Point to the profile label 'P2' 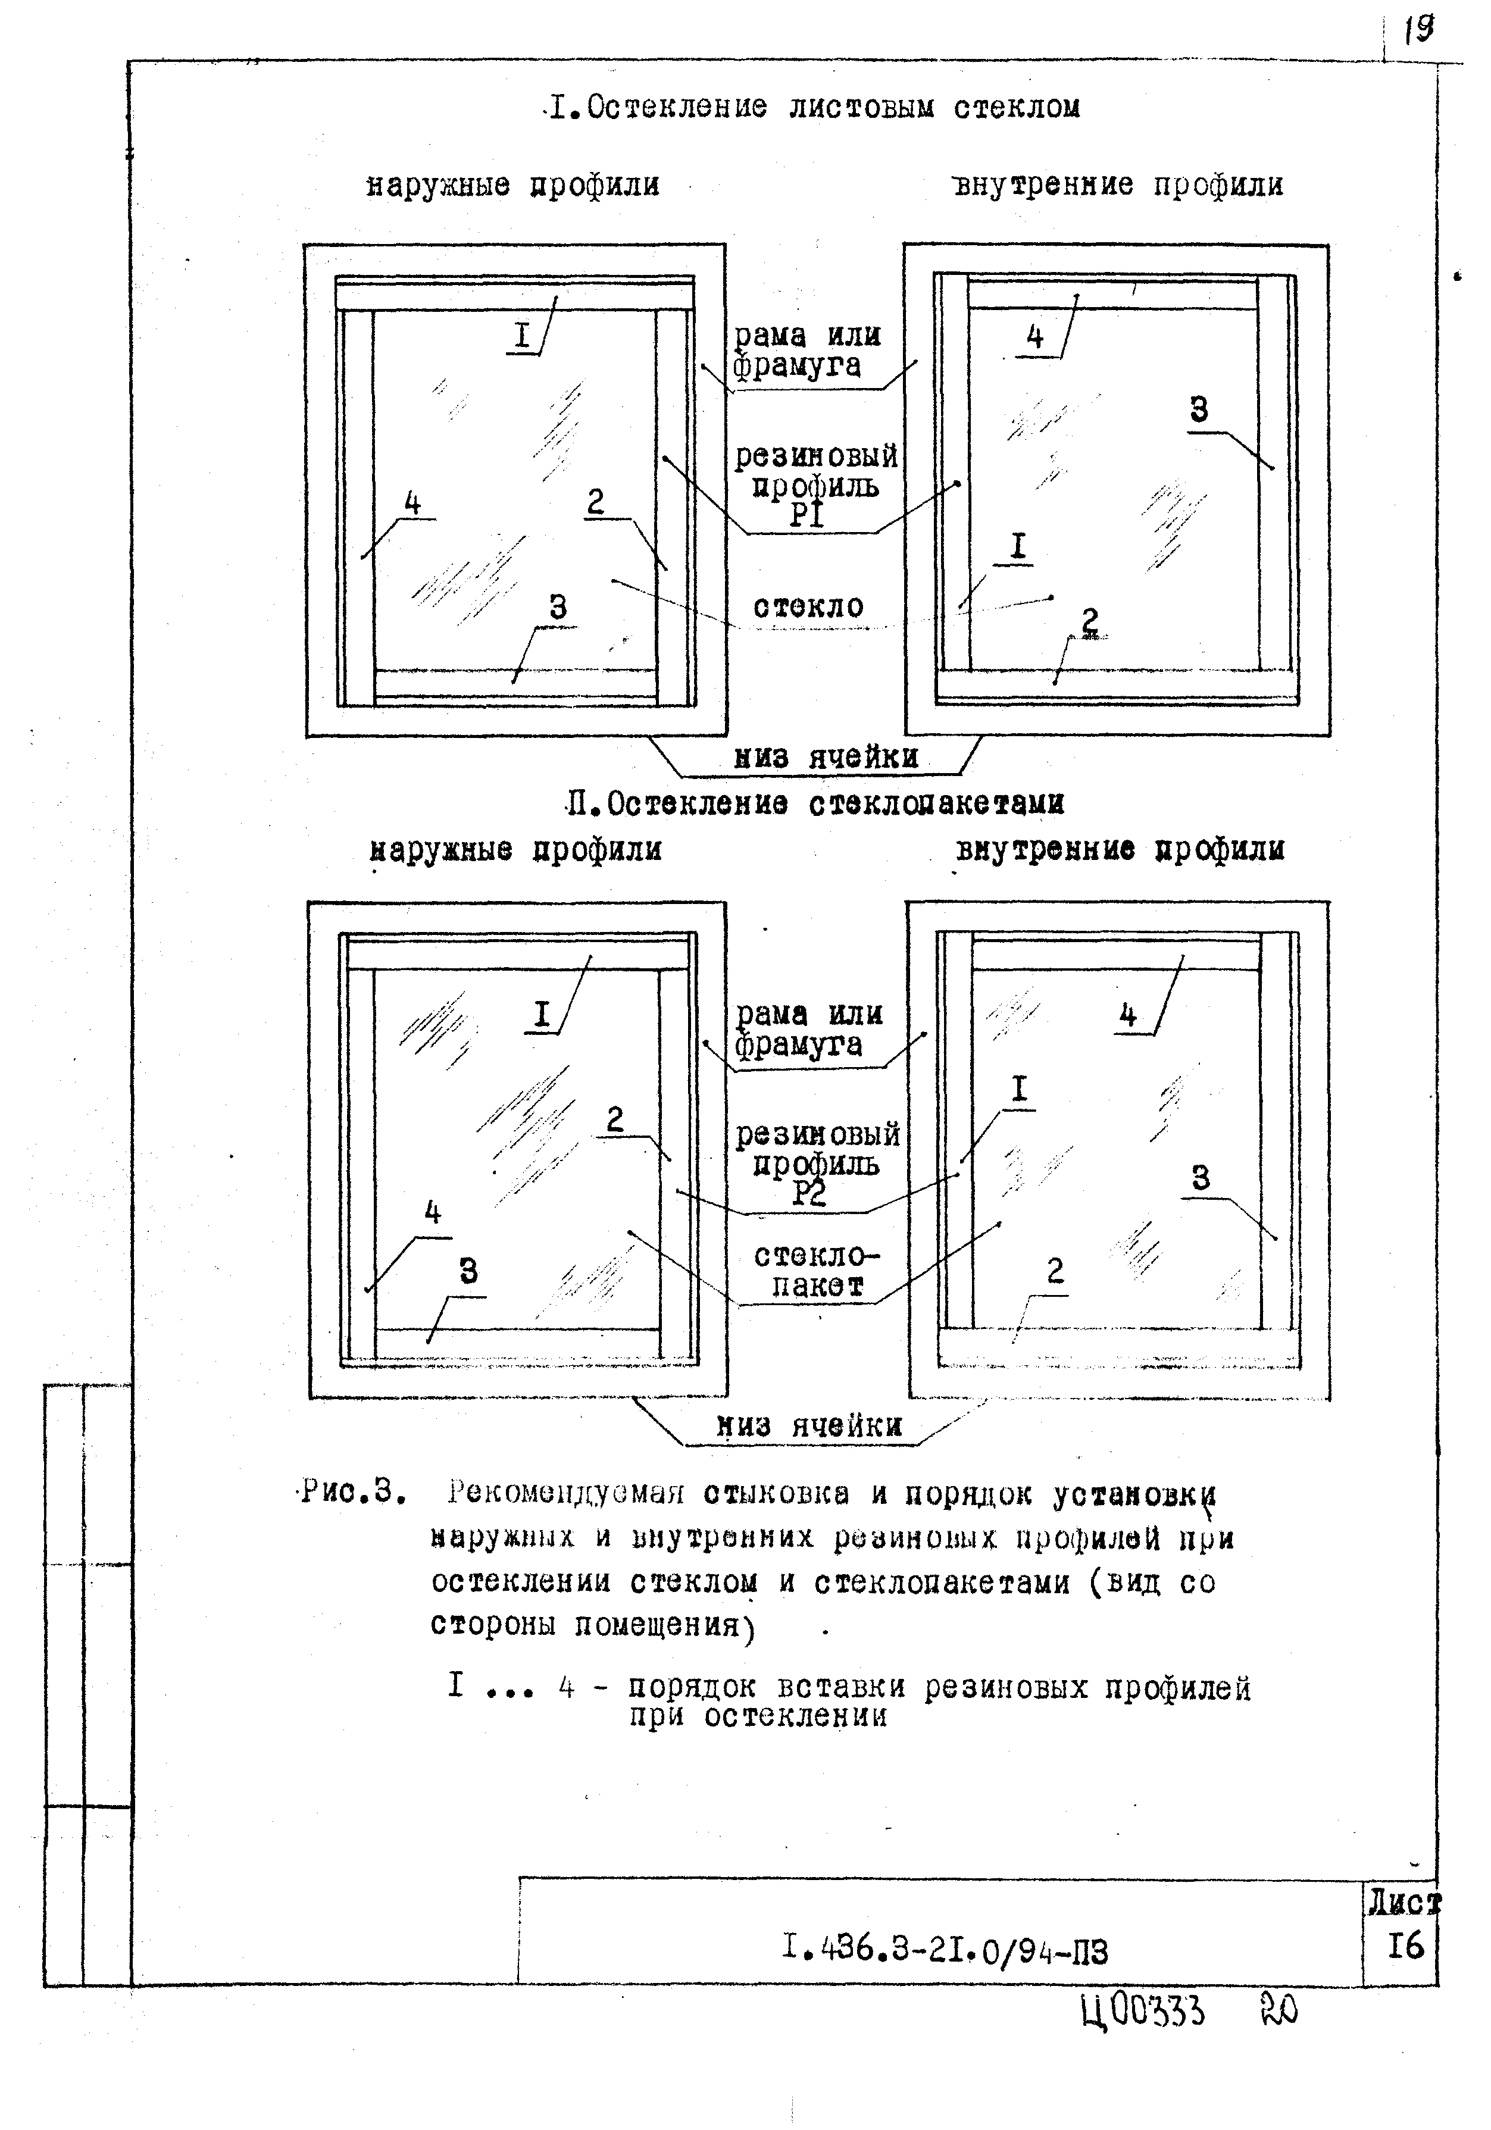pos(809,1194)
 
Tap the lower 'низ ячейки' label pos(809,1426)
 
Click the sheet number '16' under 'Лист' pos(1406,1946)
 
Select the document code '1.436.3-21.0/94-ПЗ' pos(945,1951)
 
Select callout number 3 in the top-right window pos(1199,409)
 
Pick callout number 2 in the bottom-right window pos(1055,1270)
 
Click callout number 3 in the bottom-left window pos(468,1271)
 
